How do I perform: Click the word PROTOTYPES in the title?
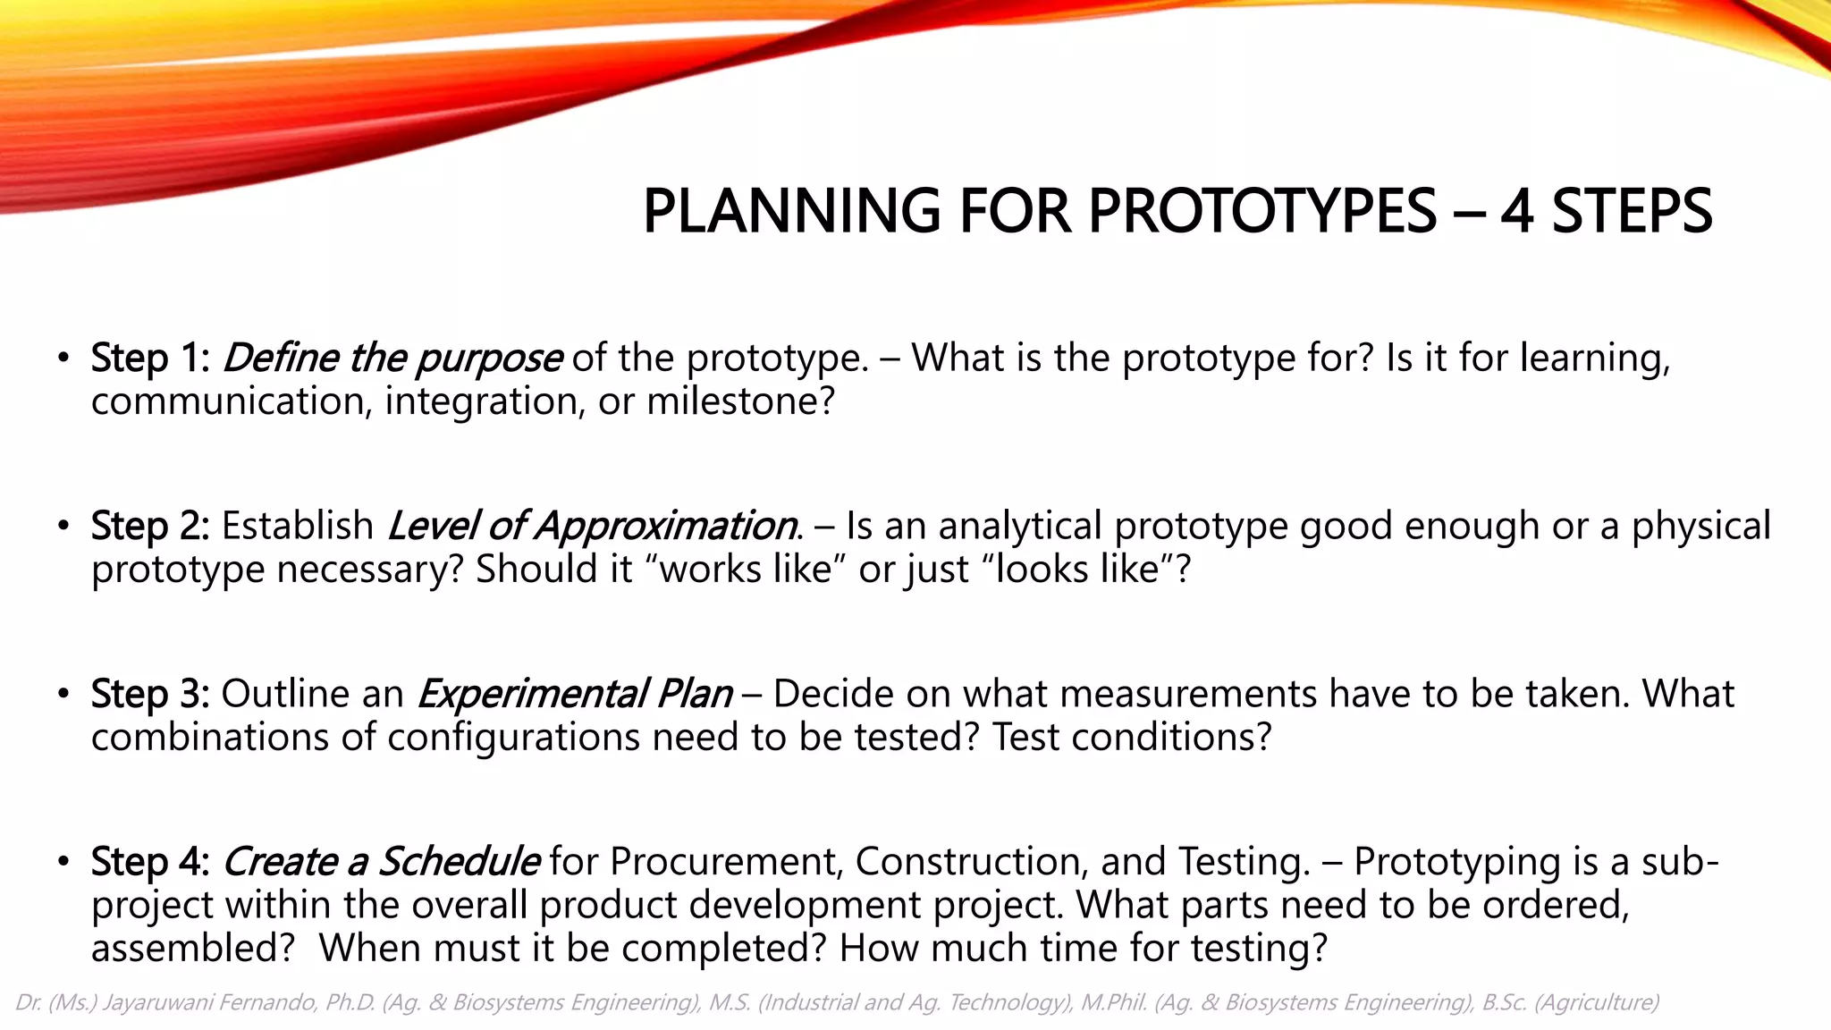coord(1261,212)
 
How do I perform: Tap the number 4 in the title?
coord(1517,212)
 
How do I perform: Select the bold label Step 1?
coord(150,358)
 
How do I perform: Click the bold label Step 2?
coord(150,526)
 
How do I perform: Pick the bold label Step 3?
coord(150,694)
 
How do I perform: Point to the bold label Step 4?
coord(150,862)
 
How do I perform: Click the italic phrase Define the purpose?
coord(392,358)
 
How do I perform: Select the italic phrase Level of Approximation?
coord(592,526)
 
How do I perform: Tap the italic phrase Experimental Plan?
coord(575,694)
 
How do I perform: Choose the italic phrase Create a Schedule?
coord(380,862)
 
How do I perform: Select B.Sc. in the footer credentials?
coord(1504,1002)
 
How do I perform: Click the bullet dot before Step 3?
coord(62,695)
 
